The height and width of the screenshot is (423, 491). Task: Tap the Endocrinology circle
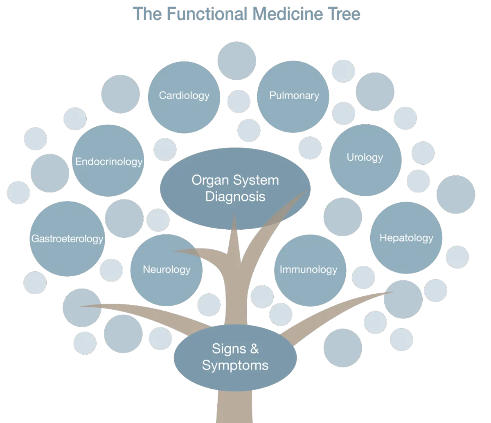(108, 161)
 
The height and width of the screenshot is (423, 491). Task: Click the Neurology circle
(167, 270)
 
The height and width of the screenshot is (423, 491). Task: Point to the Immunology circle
(309, 270)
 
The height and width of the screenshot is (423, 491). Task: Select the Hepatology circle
(406, 238)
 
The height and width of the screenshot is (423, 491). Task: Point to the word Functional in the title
(207, 14)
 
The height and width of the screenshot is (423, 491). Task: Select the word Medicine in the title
(286, 14)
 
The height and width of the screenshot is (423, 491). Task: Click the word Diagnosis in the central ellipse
(235, 197)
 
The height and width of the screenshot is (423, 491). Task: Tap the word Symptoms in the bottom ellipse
(235, 365)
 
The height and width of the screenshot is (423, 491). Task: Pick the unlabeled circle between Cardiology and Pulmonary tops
(236, 61)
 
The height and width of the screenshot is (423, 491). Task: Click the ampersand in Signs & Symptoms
(254, 349)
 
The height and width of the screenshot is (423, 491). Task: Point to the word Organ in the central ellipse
(209, 180)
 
